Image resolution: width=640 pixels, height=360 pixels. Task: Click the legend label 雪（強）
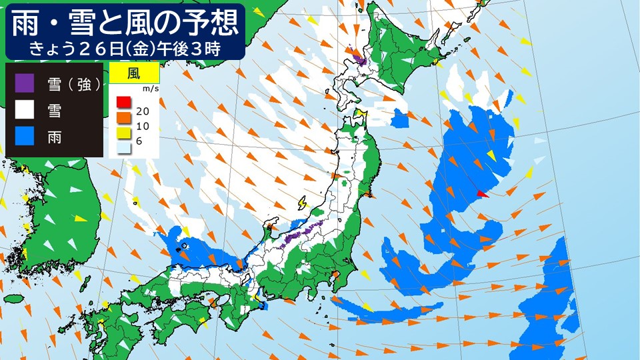tap(74, 84)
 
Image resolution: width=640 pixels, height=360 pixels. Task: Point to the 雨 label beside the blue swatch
tap(55, 137)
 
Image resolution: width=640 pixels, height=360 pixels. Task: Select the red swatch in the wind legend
tap(123, 102)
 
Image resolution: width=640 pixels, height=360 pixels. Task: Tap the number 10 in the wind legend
tap(142, 126)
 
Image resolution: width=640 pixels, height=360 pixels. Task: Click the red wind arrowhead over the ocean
tap(483, 195)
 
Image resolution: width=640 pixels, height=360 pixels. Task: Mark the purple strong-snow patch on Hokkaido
tap(360, 61)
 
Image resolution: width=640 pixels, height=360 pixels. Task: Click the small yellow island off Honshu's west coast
tap(301, 201)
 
